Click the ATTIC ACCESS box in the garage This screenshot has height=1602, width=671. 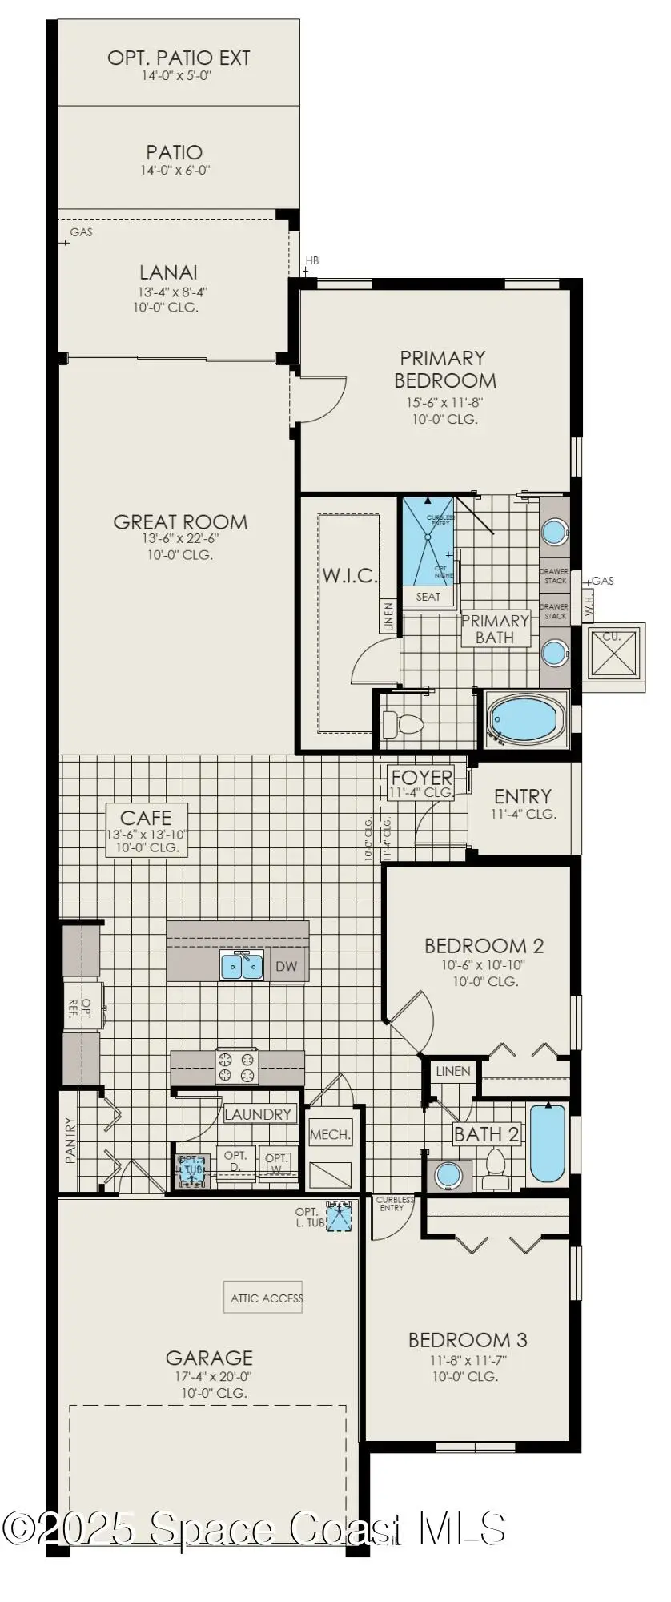(x=266, y=1298)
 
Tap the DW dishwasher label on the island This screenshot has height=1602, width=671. (x=286, y=966)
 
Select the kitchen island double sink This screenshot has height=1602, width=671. (x=242, y=966)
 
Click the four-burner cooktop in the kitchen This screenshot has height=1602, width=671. (x=237, y=1067)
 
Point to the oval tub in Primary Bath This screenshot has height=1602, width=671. (x=526, y=718)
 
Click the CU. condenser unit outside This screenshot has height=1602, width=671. (x=613, y=654)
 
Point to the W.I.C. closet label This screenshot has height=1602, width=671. (x=350, y=575)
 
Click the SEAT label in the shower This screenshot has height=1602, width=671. (x=428, y=596)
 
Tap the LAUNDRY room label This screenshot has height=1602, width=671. (x=257, y=1114)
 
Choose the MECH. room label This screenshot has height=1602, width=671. (x=330, y=1134)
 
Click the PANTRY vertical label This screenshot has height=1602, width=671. (x=70, y=1140)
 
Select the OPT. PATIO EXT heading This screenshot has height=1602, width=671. (x=179, y=58)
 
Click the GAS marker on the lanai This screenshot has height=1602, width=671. (x=81, y=232)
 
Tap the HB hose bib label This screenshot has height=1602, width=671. (x=311, y=260)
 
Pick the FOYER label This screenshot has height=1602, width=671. (x=421, y=777)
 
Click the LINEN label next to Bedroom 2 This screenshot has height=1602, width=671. (x=453, y=1071)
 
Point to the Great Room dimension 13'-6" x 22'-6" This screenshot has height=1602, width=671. (x=180, y=538)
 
